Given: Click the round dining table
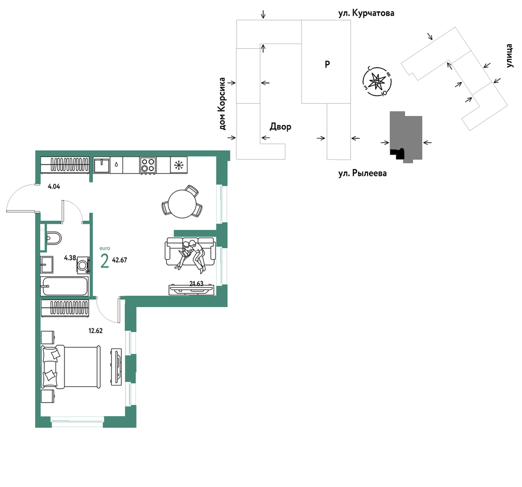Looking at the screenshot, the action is [183, 204].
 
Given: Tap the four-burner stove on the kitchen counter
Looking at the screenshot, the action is [148, 165].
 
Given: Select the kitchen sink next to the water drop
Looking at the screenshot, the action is [101, 165].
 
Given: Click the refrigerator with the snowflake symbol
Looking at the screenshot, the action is [179, 165].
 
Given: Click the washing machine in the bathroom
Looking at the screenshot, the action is [83, 265].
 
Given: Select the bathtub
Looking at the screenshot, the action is [64, 286].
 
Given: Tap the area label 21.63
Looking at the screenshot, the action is [197, 283].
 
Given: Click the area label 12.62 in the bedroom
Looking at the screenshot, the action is [96, 331].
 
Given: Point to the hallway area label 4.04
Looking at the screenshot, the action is [54, 187].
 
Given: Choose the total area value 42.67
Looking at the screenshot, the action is [119, 260].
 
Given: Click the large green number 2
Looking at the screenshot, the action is [105, 261].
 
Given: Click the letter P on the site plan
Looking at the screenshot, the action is [327, 65].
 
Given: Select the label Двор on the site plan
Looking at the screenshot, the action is [280, 127].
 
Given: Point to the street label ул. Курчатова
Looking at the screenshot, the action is [366, 14].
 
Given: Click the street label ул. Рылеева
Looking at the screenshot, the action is [362, 173].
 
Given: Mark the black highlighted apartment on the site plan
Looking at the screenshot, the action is [398, 153].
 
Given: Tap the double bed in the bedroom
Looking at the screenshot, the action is [71, 366].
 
